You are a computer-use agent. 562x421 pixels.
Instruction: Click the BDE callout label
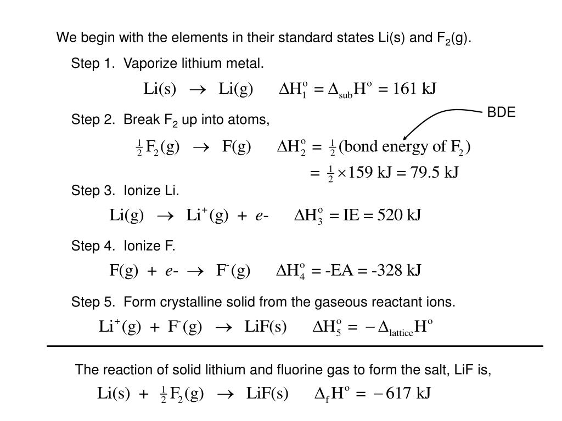[502, 112]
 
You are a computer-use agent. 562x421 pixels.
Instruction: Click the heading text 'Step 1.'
[90, 65]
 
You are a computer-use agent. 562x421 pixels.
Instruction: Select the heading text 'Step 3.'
[90, 190]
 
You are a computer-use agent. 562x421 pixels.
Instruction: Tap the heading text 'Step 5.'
[90, 302]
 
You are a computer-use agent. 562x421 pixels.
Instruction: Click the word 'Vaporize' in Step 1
[145, 65]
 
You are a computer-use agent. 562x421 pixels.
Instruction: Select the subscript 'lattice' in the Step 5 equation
[401, 333]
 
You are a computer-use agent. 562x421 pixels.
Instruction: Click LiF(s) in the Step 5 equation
[266, 327]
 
